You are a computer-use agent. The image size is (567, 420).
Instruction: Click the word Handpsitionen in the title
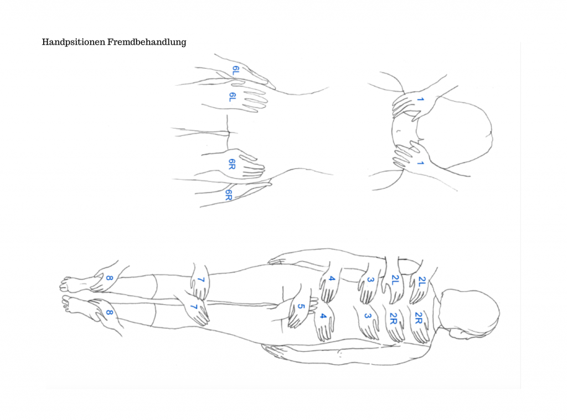point(74,42)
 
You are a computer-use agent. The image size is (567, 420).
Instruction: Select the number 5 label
point(301,307)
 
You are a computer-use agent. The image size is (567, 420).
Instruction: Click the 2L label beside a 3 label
point(395,280)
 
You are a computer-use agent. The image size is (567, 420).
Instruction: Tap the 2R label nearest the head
point(419,318)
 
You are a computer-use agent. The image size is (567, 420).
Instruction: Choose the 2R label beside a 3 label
point(394,318)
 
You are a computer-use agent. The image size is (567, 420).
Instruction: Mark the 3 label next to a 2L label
point(370,279)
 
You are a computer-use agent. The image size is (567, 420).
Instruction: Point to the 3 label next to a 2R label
point(368,316)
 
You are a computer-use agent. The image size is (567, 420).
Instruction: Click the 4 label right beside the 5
point(323,317)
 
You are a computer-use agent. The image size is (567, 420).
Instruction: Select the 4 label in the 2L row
point(331,279)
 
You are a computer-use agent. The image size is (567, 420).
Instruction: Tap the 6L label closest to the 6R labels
point(233,97)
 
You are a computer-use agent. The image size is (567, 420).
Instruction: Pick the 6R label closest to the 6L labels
point(232,164)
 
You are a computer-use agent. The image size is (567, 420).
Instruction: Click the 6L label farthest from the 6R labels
point(235,70)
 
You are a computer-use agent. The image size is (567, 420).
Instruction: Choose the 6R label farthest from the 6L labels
point(229,195)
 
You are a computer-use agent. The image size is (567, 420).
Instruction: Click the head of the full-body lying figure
point(470,314)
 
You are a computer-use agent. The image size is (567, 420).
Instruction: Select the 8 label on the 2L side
point(109,278)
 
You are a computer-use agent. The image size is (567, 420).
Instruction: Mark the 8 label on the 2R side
point(109,313)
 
